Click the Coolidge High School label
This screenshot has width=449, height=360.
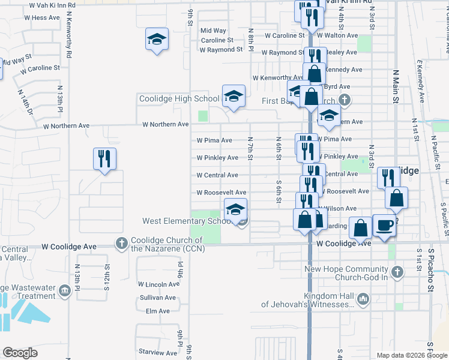pos(179,99)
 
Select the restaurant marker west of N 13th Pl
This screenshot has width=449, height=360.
pos(104,158)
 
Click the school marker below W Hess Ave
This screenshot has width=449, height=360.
pos(157,40)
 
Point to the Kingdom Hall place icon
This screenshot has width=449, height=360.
pos(363,298)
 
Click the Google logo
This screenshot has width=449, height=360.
pos(20,353)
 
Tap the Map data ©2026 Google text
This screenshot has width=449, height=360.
pos(411,355)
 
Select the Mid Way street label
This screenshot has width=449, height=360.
pos(213,31)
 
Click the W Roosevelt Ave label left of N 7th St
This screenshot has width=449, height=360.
pos(221,193)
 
